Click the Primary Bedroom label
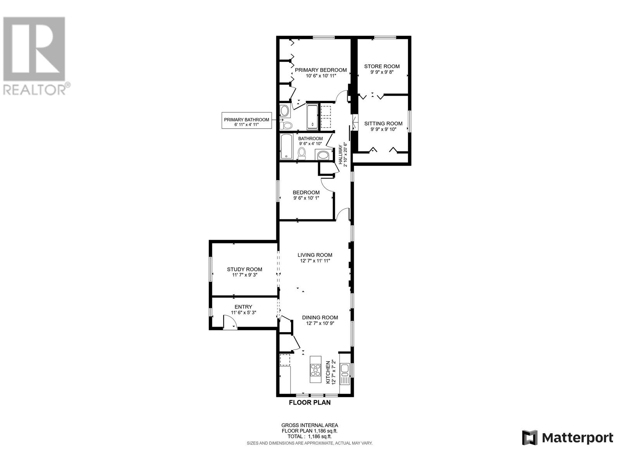pyautogui.click(x=320, y=70)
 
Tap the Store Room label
pyautogui.click(x=382, y=66)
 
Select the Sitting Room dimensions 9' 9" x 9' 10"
pyautogui.click(x=383, y=129)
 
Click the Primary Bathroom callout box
pyautogui.click(x=246, y=121)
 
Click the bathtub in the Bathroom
pyautogui.click(x=286, y=146)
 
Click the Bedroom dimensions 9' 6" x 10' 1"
pyautogui.click(x=306, y=198)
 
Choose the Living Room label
pyautogui.click(x=315, y=255)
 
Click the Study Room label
pyautogui.click(x=245, y=269)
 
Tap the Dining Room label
pyautogui.click(x=320, y=318)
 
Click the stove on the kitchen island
pyautogui.click(x=315, y=370)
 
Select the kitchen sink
pyautogui.click(x=345, y=369)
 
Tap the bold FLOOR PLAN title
pyautogui.click(x=310, y=403)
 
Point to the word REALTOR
pyautogui.click(x=35, y=90)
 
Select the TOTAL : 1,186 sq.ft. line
pyautogui.click(x=310, y=436)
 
